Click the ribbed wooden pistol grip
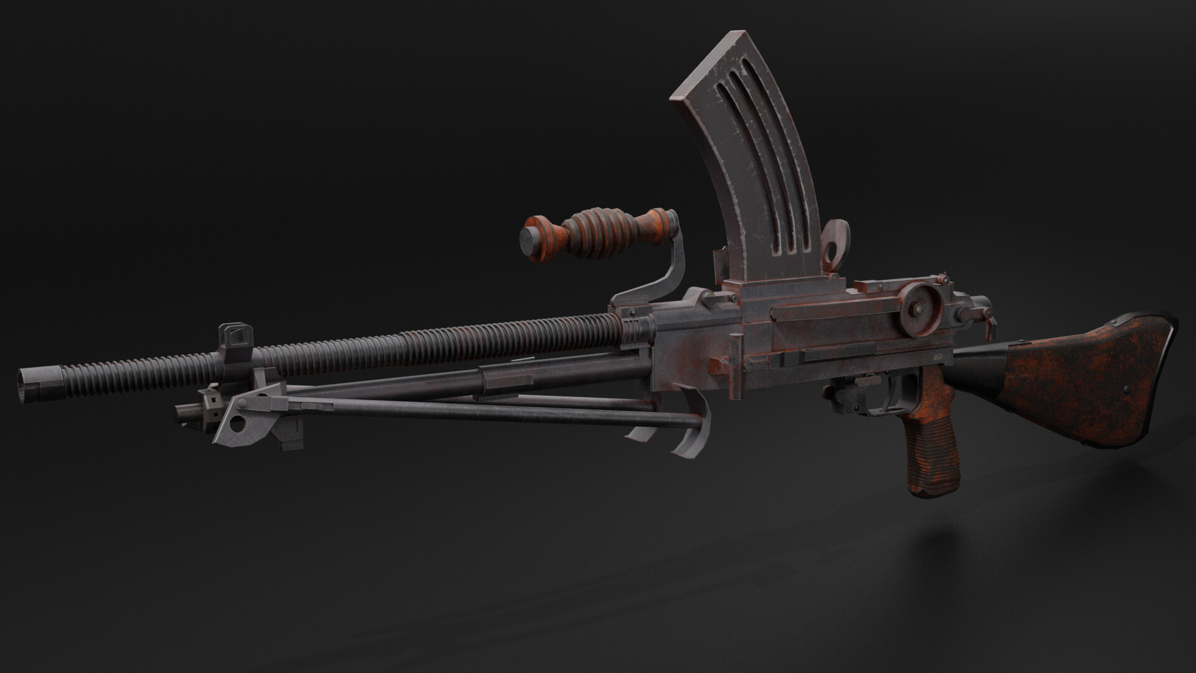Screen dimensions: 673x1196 click(928, 436)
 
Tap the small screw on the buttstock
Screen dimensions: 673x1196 click(1128, 388)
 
